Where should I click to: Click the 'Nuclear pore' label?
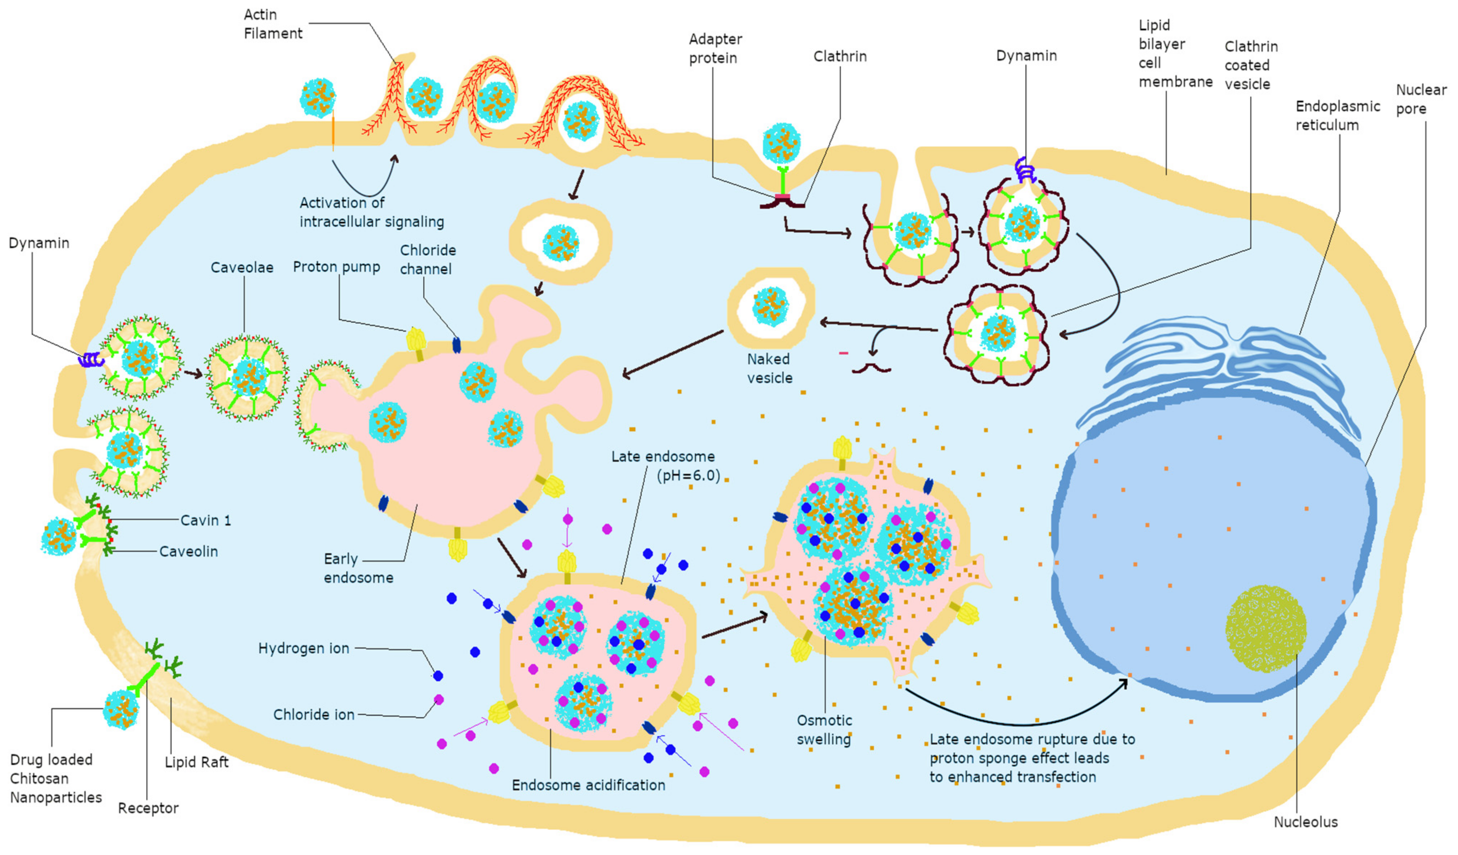tap(1421, 99)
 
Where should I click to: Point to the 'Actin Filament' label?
tap(273, 24)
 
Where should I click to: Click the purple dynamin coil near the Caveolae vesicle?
tap(90, 360)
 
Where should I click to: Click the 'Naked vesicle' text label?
tap(769, 368)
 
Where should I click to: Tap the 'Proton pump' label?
tap(336, 267)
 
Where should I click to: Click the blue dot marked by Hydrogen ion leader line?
tap(438, 675)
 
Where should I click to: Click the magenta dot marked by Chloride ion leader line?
tap(438, 700)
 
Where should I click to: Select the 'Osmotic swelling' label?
tap(824, 730)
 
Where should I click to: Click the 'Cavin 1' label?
tap(206, 520)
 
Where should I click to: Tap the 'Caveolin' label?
tap(189, 551)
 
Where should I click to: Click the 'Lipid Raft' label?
tap(197, 762)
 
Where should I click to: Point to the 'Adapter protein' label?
tap(715, 49)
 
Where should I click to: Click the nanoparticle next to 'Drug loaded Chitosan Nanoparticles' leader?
tap(121, 709)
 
